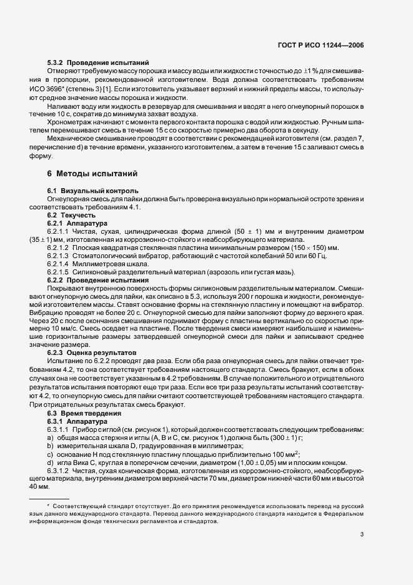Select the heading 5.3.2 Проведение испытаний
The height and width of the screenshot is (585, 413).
click(97, 62)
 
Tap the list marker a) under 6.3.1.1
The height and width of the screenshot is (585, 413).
click(50, 437)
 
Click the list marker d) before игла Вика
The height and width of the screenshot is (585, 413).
click(50, 462)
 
